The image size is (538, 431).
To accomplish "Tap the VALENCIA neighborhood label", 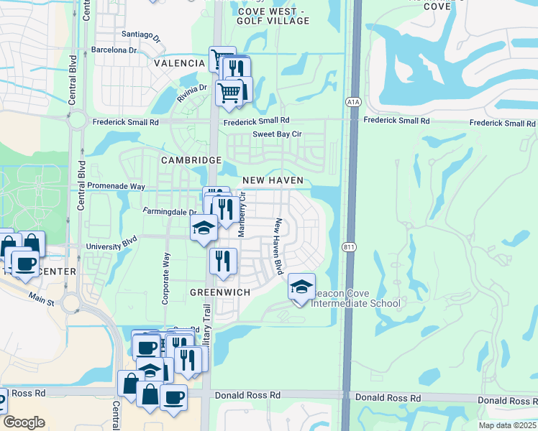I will point(179,63).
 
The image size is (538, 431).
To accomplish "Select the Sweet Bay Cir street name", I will point(277,134).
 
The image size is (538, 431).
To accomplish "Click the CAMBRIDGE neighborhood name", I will point(191,160).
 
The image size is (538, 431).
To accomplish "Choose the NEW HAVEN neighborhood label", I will point(273,180).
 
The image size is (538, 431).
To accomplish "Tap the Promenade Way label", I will point(116,186).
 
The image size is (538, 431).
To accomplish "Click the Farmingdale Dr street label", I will point(170,212).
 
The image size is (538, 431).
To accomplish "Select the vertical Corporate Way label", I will point(166,278).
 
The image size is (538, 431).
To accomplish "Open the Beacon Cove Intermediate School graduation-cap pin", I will point(301,287).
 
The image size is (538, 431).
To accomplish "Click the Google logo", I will point(24,422).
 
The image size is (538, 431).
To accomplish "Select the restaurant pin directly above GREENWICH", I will point(222,262).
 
